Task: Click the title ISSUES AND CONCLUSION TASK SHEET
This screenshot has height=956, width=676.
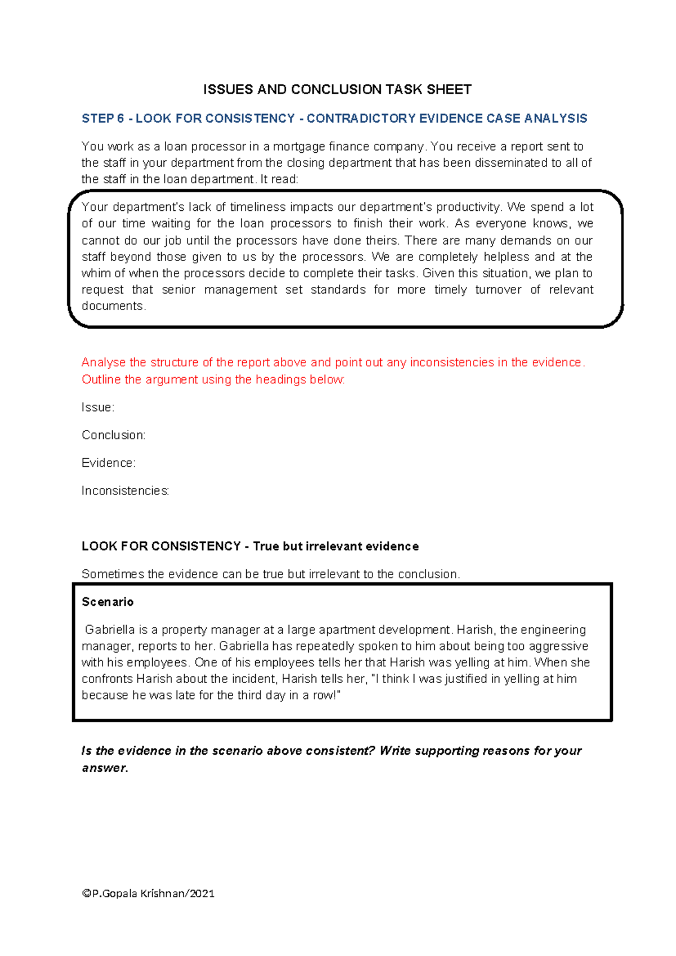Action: click(x=337, y=90)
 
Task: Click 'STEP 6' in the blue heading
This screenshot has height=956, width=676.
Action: click(x=103, y=118)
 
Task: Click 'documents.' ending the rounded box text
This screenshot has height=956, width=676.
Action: click(x=113, y=306)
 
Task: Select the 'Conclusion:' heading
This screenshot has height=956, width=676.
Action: click(x=113, y=435)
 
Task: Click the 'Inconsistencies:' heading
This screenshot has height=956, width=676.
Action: click(x=125, y=491)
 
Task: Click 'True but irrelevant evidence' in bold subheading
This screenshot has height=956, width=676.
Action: click(x=336, y=546)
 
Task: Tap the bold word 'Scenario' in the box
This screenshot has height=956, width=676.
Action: click(x=108, y=602)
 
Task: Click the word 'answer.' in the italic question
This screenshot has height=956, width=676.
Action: click(x=105, y=768)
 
